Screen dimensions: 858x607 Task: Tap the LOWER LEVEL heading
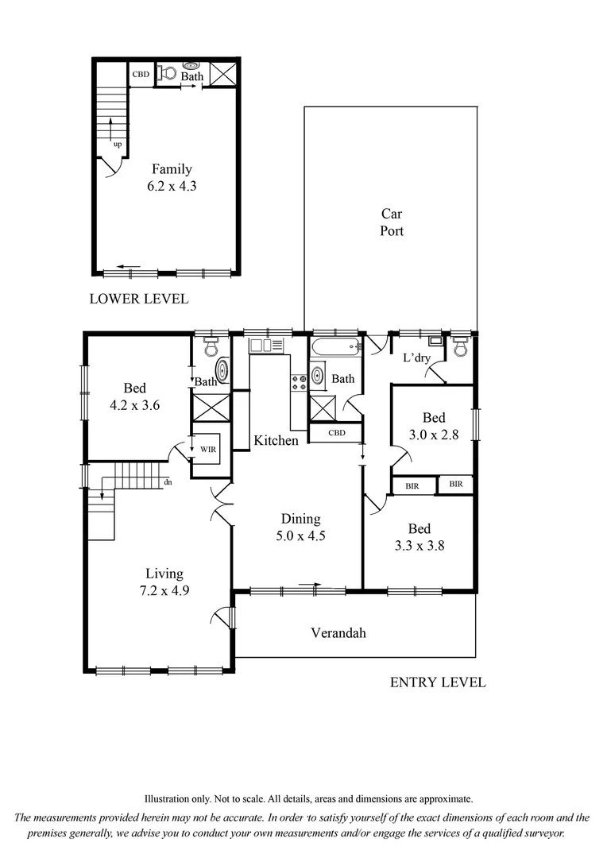(x=139, y=300)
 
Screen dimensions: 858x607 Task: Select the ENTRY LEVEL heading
(x=437, y=682)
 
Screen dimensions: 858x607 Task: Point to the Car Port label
(x=391, y=222)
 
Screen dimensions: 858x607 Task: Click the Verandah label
(x=338, y=633)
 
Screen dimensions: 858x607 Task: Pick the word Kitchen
(x=276, y=440)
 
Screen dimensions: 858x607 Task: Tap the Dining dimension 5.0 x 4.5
(x=300, y=535)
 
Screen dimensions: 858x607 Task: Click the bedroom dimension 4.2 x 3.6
(x=134, y=404)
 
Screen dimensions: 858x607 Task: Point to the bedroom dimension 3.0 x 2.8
(x=433, y=435)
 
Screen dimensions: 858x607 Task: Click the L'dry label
(x=416, y=358)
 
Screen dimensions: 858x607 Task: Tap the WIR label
(x=208, y=449)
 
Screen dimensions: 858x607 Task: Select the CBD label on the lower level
(x=141, y=75)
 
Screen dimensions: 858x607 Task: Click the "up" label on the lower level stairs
(x=118, y=145)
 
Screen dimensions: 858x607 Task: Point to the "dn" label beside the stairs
(x=168, y=482)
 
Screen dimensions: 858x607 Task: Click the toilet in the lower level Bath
(x=167, y=74)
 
